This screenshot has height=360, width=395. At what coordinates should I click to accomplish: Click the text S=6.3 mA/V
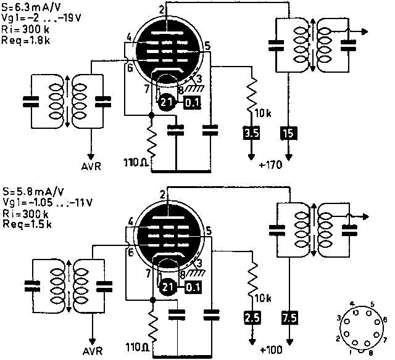30,6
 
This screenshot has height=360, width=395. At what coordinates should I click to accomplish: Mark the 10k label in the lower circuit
262,299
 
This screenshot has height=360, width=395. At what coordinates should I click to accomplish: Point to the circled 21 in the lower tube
165,286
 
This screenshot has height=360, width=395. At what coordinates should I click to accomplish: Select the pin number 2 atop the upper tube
161,9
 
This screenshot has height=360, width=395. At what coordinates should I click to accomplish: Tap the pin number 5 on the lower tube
208,231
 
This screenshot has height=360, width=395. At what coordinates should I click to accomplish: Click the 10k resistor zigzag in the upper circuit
252,92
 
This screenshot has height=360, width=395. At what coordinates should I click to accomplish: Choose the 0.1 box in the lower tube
193,286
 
